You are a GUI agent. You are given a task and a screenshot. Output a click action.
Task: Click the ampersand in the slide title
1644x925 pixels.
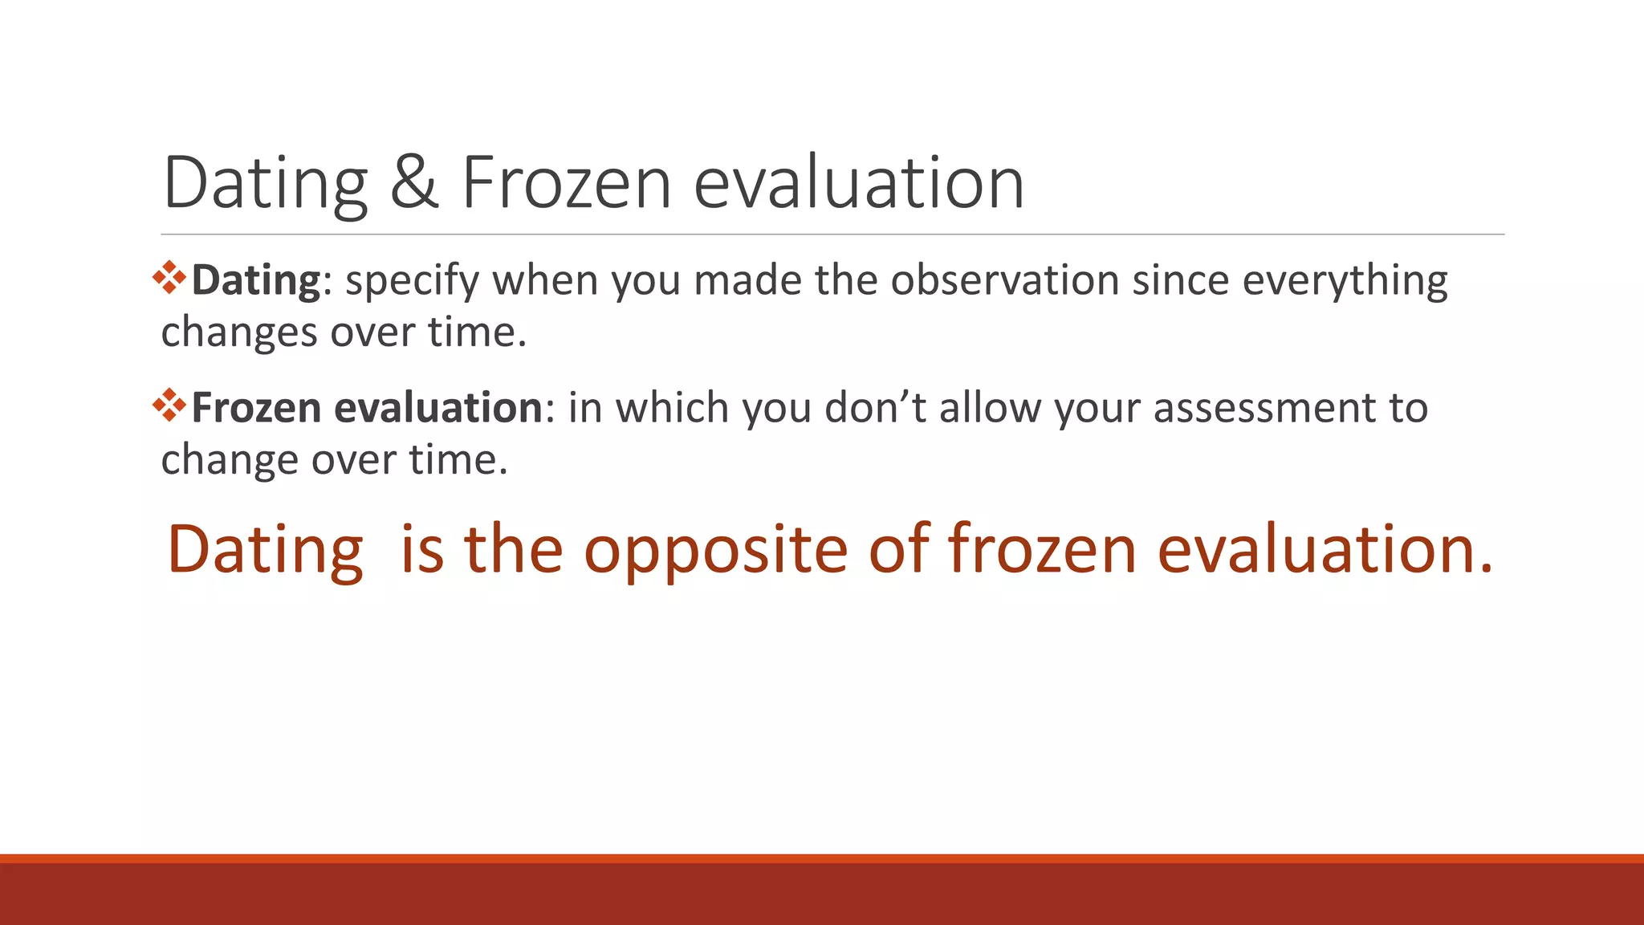pos(414,183)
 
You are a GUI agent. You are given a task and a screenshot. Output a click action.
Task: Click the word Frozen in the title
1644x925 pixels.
pos(566,183)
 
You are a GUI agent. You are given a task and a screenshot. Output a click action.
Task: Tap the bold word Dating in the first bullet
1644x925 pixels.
pos(256,281)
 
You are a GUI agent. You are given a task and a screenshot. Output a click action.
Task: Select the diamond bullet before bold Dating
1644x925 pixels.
pos(169,278)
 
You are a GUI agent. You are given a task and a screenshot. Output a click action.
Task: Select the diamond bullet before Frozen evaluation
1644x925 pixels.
pos(169,405)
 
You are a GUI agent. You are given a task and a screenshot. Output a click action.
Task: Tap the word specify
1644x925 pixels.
pos(412,281)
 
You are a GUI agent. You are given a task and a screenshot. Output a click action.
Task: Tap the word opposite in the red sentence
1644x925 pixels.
pos(715,550)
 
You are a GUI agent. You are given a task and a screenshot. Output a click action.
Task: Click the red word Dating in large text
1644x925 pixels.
pos(265,550)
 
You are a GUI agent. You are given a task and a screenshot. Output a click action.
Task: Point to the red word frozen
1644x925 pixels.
pos(1042,550)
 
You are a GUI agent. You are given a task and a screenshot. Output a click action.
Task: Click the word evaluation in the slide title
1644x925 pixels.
pos(859,183)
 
